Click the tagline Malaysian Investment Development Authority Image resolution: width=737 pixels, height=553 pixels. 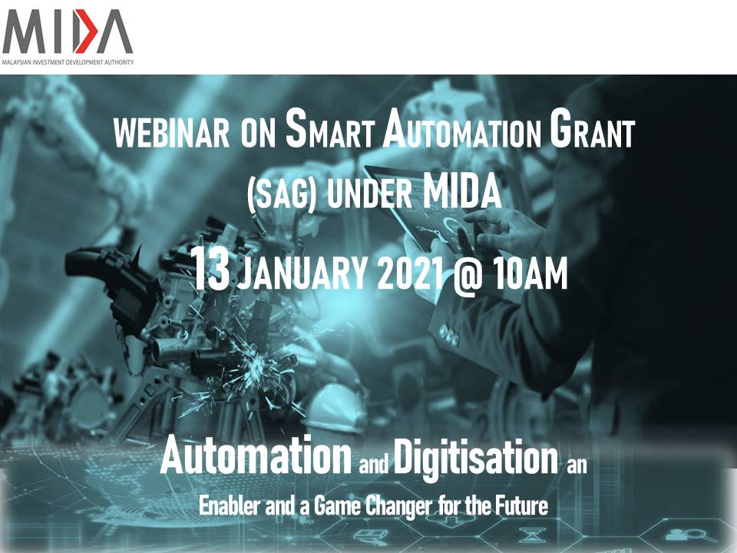coord(68,62)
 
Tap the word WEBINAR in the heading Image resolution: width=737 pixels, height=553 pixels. coord(171,133)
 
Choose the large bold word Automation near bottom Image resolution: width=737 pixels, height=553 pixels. coord(256,455)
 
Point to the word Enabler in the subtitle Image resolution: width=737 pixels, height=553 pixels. coord(230,506)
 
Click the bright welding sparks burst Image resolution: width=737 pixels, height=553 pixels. coord(256,364)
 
